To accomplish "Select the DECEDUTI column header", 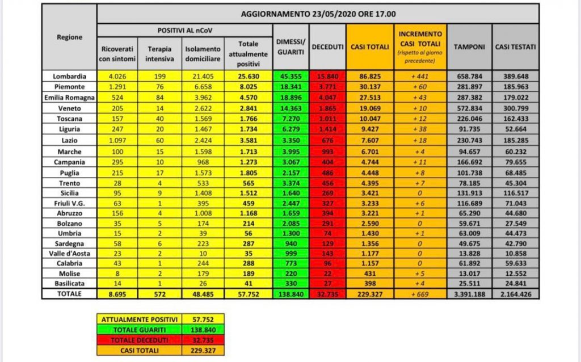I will [x=328, y=47].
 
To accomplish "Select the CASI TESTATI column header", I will [x=515, y=47].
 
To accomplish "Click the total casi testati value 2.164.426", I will [x=515, y=293].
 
